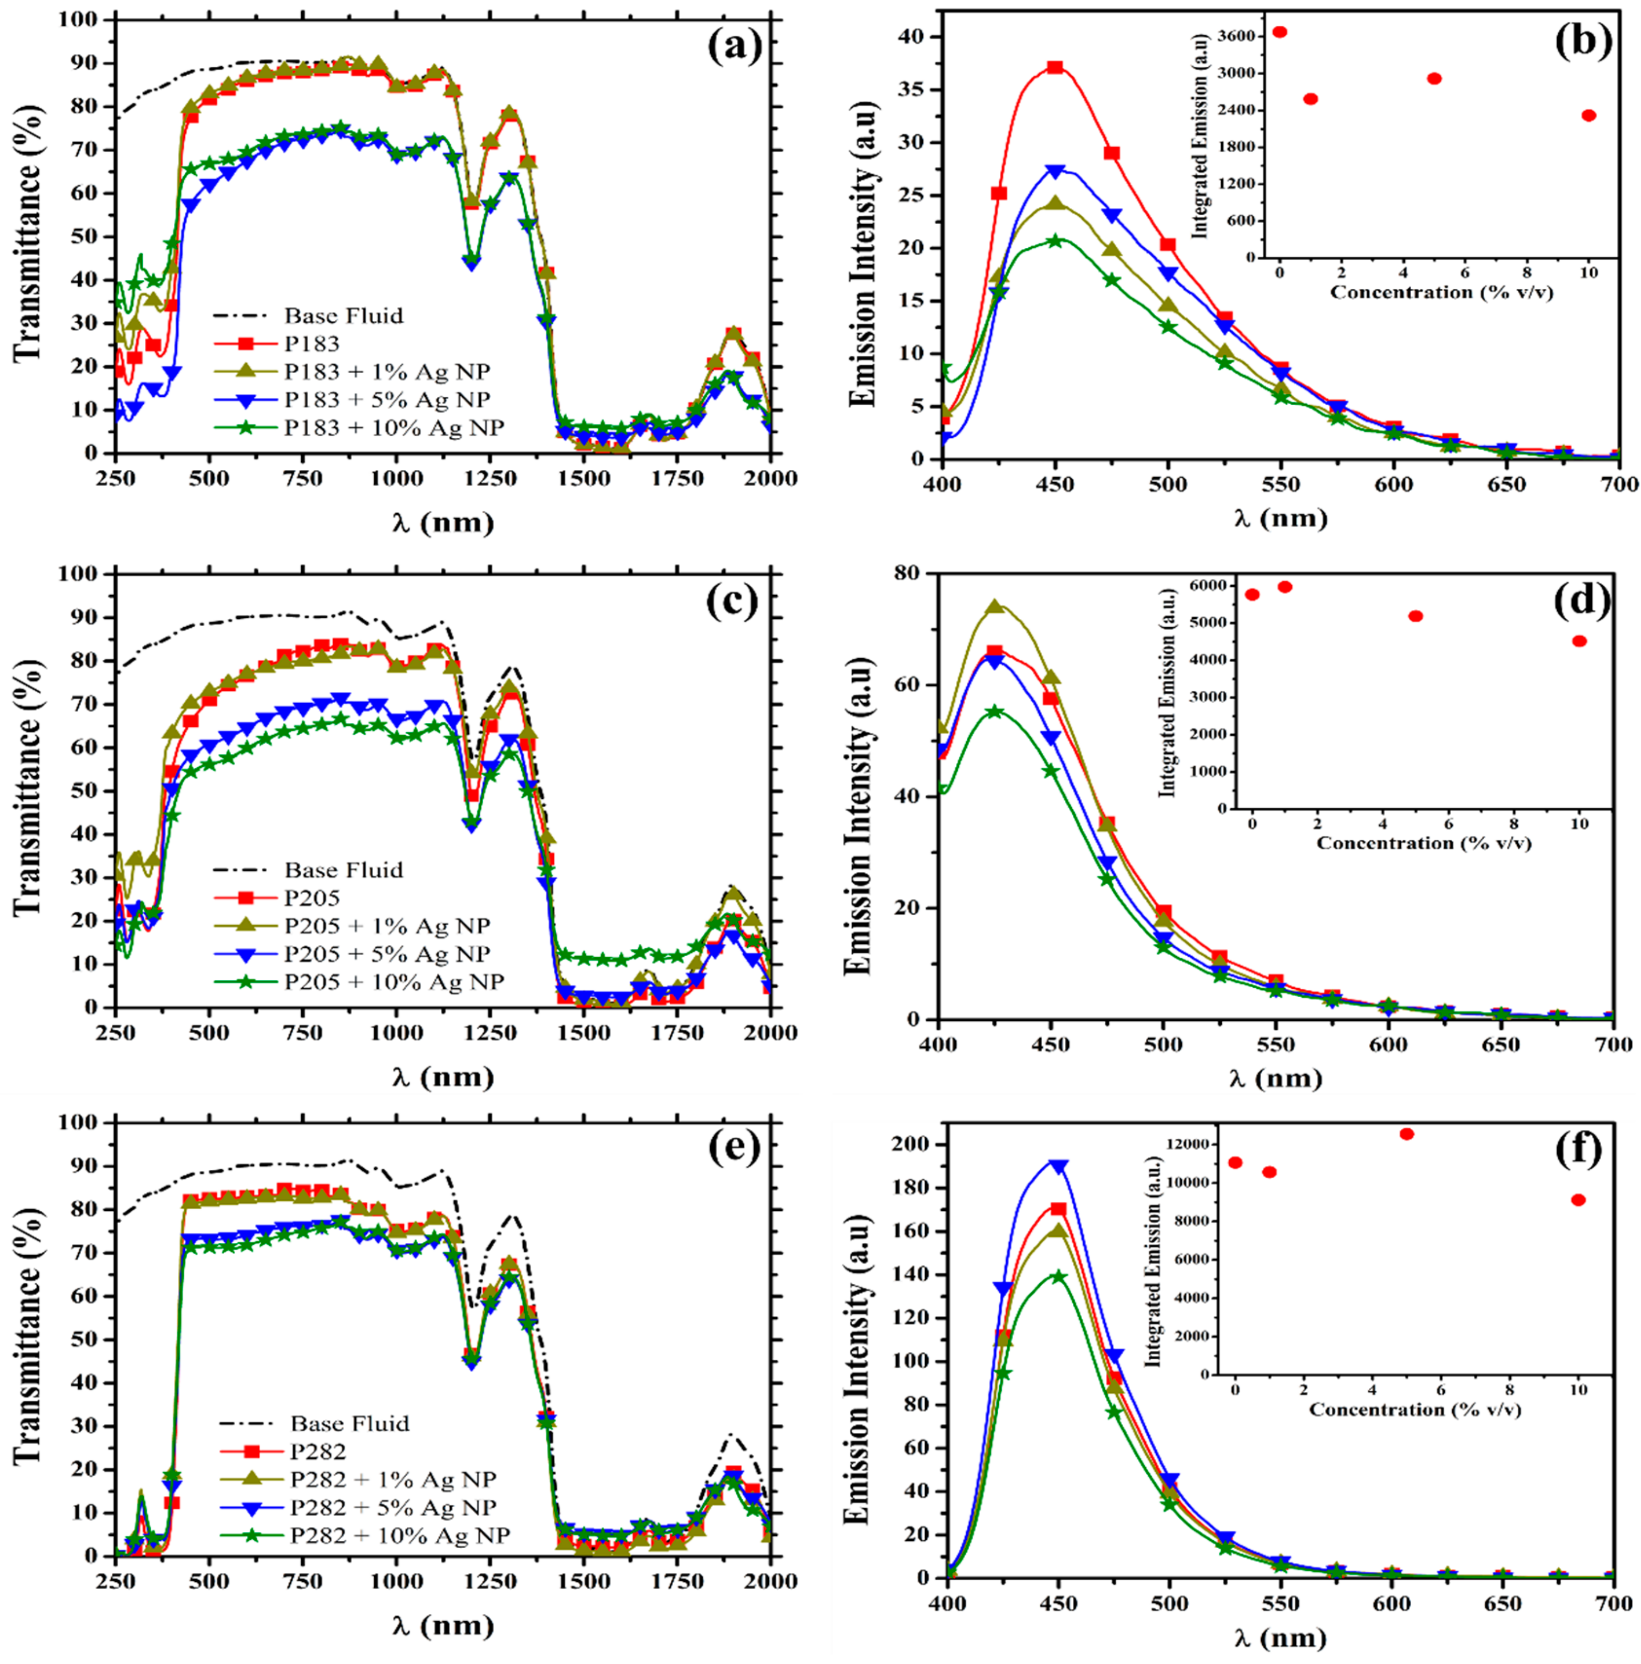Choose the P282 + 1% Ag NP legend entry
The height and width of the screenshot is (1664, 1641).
[x=393, y=1479]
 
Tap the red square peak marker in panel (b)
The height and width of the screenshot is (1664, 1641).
[x=1054, y=67]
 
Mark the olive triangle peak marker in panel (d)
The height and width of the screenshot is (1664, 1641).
[x=995, y=606]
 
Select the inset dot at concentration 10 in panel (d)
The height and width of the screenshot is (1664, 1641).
[x=1579, y=640]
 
